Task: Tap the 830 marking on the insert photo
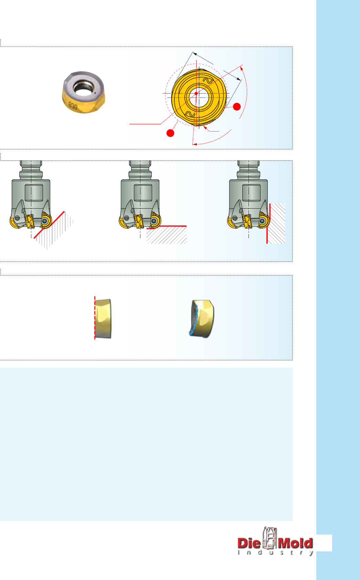click(x=73, y=106)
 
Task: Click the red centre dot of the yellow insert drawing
click(x=196, y=93)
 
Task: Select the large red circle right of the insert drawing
click(x=237, y=106)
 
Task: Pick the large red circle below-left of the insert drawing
click(x=170, y=133)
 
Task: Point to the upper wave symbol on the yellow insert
click(x=208, y=81)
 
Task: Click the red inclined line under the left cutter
click(x=49, y=225)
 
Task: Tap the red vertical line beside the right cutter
click(x=268, y=223)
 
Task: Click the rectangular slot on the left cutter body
click(x=34, y=193)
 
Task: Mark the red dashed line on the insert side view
click(x=95, y=318)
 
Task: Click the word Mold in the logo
click(x=295, y=543)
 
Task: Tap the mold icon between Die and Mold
click(x=269, y=539)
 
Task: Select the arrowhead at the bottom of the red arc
click(x=194, y=144)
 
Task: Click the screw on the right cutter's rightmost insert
click(x=263, y=221)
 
